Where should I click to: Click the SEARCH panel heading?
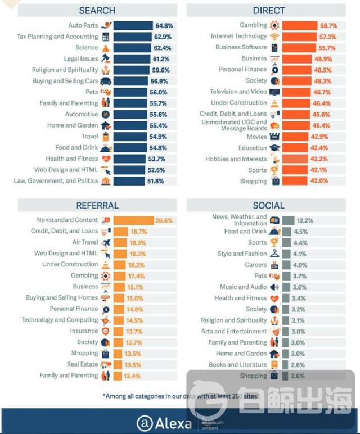(x=97, y=11)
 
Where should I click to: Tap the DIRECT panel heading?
(x=269, y=11)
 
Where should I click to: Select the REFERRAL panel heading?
(x=97, y=206)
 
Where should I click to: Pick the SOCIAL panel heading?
(x=269, y=206)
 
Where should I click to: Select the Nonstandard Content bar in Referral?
(x=134, y=220)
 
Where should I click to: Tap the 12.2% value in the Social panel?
(x=305, y=220)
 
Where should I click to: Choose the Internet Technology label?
(x=239, y=37)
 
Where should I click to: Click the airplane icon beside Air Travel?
(x=106, y=242)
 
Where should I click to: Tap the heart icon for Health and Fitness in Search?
(x=106, y=159)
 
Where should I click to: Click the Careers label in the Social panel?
(x=255, y=265)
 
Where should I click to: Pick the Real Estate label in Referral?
(x=83, y=364)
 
